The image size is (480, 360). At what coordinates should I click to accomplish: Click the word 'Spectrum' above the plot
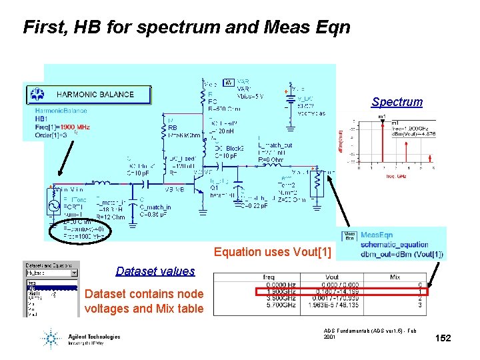click(x=397, y=102)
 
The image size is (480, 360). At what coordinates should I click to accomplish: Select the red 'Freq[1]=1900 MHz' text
click(x=62, y=127)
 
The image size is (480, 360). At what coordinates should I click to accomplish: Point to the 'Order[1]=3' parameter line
click(x=54, y=135)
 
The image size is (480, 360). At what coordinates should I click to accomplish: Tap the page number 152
click(x=443, y=338)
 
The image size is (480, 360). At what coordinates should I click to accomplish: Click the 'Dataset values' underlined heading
click(x=155, y=271)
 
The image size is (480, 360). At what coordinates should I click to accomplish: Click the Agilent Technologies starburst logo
click(x=51, y=337)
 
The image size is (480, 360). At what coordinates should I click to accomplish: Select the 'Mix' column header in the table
click(x=395, y=276)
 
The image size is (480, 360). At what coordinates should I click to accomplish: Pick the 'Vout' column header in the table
click(x=332, y=276)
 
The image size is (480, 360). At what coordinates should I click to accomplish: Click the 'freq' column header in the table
click(x=268, y=276)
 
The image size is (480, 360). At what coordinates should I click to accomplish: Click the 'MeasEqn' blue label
click(x=377, y=235)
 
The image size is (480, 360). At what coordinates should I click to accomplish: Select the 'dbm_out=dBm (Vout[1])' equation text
click(x=401, y=254)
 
